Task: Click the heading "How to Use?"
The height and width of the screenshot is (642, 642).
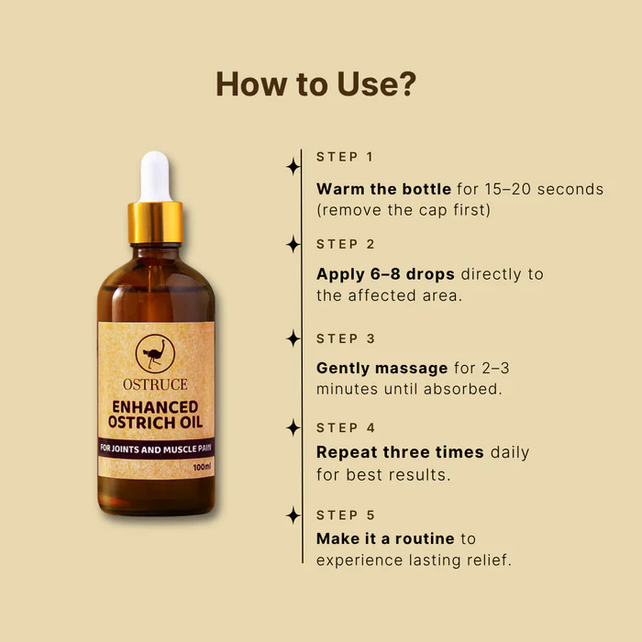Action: pos(316,83)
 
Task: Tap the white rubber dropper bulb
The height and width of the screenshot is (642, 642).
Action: pos(155,177)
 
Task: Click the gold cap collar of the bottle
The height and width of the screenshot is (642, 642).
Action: pos(155,222)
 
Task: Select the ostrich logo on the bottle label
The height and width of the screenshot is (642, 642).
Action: pos(155,354)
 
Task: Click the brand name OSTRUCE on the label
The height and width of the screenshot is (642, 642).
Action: pos(155,382)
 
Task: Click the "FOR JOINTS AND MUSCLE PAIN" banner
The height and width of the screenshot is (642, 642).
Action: pos(155,448)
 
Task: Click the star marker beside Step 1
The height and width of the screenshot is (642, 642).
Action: pos(293,166)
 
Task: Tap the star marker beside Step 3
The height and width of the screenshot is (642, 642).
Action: pos(293,338)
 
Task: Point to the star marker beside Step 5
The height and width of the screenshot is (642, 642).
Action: pos(293,515)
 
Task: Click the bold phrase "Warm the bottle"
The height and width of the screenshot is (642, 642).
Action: pos(383,189)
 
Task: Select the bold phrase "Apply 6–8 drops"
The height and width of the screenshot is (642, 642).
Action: pos(386,274)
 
